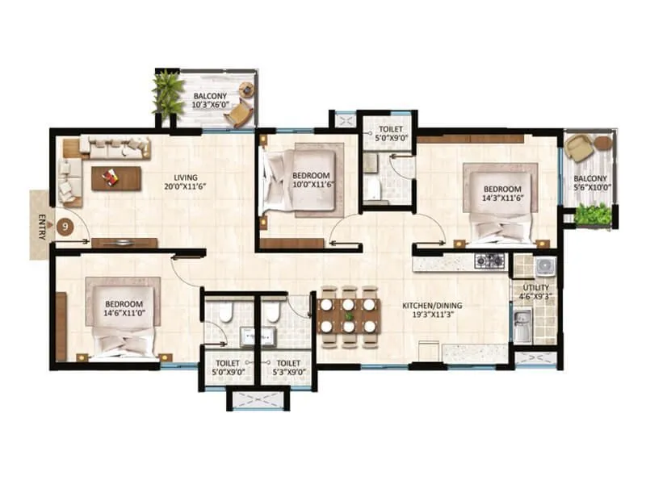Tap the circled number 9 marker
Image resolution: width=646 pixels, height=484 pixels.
[64, 227]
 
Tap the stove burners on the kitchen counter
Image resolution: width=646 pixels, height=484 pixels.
[489, 261]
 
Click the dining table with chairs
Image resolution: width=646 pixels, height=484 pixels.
[348, 311]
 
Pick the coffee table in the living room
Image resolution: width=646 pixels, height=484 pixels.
[115, 178]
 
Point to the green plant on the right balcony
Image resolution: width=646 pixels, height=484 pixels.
[595, 215]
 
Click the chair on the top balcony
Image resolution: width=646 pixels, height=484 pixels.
[240, 115]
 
